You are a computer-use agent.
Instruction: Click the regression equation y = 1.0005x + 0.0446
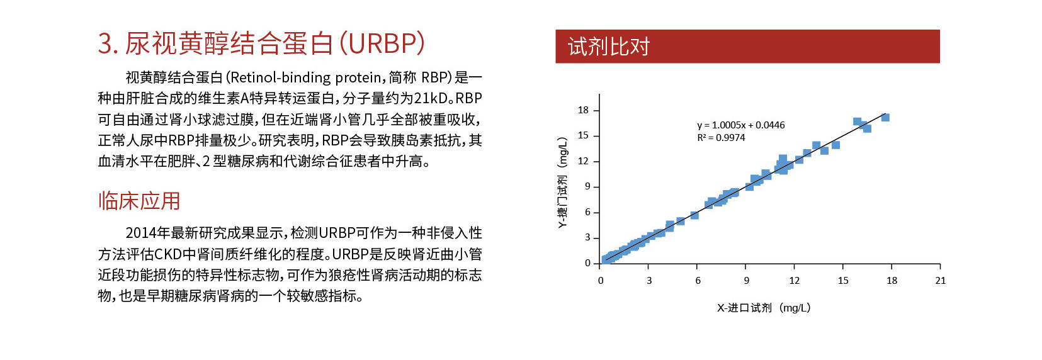[x=740, y=125]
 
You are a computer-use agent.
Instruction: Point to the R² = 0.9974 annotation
[x=721, y=138]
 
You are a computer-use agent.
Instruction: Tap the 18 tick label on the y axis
[x=584, y=110]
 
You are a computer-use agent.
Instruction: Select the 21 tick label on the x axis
[x=941, y=281]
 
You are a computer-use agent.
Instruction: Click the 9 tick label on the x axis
[x=747, y=281]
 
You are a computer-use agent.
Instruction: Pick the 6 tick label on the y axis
[x=587, y=212]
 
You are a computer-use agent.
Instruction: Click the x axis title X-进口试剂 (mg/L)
[x=764, y=307]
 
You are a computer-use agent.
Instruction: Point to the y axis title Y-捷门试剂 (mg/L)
[x=563, y=183]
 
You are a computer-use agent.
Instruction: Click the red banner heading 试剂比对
[x=608, y=47]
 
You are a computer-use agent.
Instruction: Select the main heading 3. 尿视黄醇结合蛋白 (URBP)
[x=261, y=43]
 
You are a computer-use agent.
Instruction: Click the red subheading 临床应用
[x=139, y=201]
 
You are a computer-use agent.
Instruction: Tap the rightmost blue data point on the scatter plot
[x=885, y=117]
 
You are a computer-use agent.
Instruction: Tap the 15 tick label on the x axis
[x=844, y=281]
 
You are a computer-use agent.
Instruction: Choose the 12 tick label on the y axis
[x=584, y=161]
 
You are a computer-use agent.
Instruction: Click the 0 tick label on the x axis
[x=601, y=281]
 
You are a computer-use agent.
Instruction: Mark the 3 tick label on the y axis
[x=587, y=237]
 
